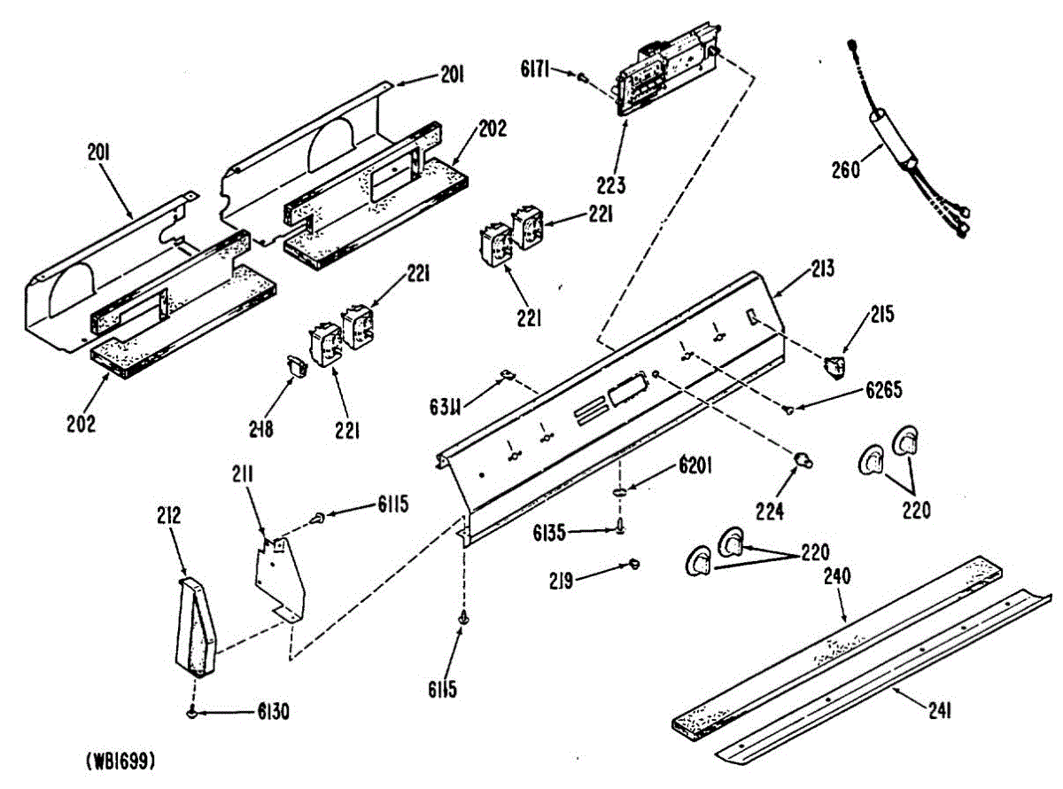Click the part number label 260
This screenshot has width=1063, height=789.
tap(845, 168)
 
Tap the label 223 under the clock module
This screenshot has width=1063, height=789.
tap(610, 185)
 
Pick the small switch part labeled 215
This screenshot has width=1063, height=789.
tap(834, 364)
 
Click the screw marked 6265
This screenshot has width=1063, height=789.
tap(787, 409)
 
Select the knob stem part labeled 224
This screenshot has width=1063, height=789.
tap(803, 458)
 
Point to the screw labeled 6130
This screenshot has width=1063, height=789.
tap(192, 711)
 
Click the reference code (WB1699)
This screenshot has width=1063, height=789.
tap(120, 761)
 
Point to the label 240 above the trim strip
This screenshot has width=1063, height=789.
tap(837, 576)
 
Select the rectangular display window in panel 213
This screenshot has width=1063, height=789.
tap(625, 389)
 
